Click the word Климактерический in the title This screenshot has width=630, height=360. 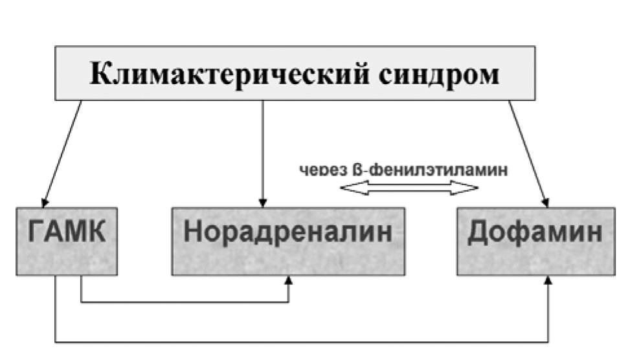pyautogui.click(x=229, y=74)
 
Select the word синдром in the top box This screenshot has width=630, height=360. pyautogui.click(x=439, y=75)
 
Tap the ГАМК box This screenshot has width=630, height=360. pyautogui.click(x=67, y=242)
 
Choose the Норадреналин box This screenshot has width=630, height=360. pyautogui.click(x=288, y=242)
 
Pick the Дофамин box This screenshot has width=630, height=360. pyautogui.click(x=536, y=242)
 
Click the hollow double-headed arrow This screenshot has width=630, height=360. pyautogui.click(x=409, y=188)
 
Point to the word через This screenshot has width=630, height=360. pyautogui.click(x=324, y=170)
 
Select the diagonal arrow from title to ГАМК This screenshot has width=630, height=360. pyautogui.click(x=62, y=154)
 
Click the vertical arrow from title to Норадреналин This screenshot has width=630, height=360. pyautogui.click(x=263, y=154)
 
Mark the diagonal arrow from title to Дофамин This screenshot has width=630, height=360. pyautogui.click(x=529, y=154)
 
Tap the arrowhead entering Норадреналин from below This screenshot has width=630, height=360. pyautogui.click(x=288, y=280)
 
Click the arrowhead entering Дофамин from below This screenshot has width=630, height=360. pyautogui.click(x=548, y=280)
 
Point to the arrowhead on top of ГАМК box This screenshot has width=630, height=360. pyautogui.click(x=45, y=203)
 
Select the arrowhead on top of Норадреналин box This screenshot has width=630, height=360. pyautogui.click(x=263, y=203)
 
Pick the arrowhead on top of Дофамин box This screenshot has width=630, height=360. pyautogui.click(x=545, y=203)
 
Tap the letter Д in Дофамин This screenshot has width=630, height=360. pyautogui.click(x=479, y=232)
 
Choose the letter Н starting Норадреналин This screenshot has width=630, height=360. pyautogui.click(x=192, y=231)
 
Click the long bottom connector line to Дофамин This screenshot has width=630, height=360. pyautogui.click(x=301, y=343)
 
